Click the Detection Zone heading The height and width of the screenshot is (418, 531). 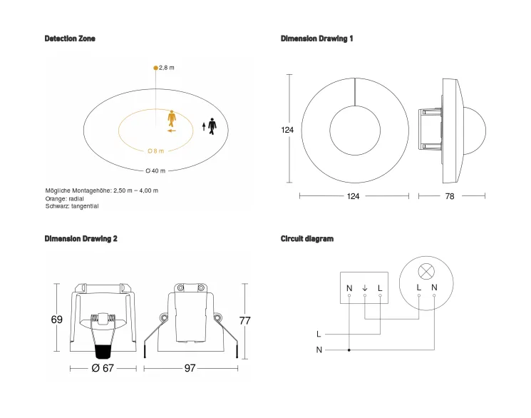click(70, 39)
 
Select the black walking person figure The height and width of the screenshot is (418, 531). click(212, 124)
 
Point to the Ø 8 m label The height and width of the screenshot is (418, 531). click(155, 151)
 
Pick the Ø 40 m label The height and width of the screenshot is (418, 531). click(155, 171)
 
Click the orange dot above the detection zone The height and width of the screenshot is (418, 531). click(155, 68)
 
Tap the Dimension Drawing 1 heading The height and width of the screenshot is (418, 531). click(316, 39)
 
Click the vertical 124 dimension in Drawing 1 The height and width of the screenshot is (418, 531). click(287, 131)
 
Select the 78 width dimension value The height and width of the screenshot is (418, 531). click(449, 196)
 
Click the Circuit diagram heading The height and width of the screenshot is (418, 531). click(307, 239)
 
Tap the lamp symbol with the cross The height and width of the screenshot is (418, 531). click(426, 271)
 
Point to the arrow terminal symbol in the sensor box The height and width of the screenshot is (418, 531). click(365, 288)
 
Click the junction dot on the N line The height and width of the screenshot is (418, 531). click(349, 350)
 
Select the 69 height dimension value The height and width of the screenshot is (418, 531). click(57, 320)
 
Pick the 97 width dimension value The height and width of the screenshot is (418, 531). click(190, 368)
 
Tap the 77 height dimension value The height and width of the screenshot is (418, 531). click(244, 321)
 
